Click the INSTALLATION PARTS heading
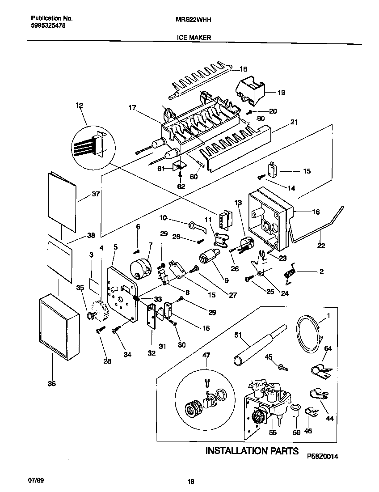pos(252,450)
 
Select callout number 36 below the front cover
pos(52,383)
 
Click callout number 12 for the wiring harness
pos(79,106)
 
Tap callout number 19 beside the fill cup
pos(281,93)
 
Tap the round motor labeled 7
pos(140,268)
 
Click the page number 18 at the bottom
pos(191,482)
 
